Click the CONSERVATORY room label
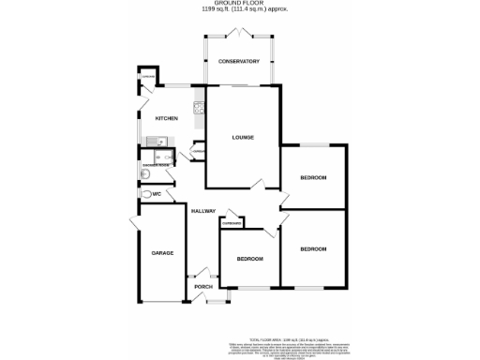click(239, 61)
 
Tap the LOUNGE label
click(243, 138)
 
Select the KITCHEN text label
click(167, 119)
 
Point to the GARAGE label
click(163, 254)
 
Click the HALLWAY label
click(203, 211)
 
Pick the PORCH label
click(203, 286)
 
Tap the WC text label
click(170, 193)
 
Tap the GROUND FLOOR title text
click(239, 5)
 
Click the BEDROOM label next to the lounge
click(313, 177)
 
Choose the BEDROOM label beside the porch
click(248, 258)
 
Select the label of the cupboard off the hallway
click(232, 224)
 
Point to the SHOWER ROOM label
click(156, 165)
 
